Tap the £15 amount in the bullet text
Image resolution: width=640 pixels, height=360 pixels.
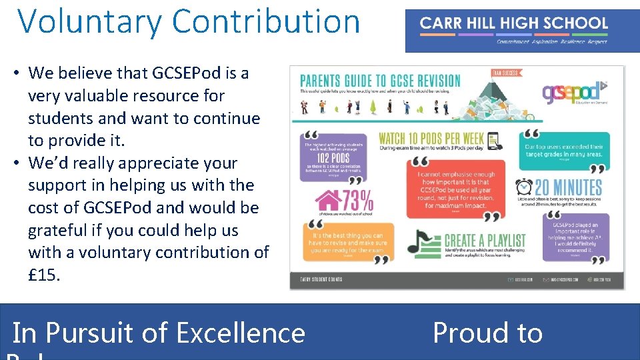tap(43, 275)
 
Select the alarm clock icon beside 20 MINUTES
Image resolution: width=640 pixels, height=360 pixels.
tap(525, 187)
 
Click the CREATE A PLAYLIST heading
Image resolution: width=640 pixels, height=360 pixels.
tap(485, 240)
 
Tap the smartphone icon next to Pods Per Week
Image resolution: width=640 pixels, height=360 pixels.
tap(493, 141)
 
